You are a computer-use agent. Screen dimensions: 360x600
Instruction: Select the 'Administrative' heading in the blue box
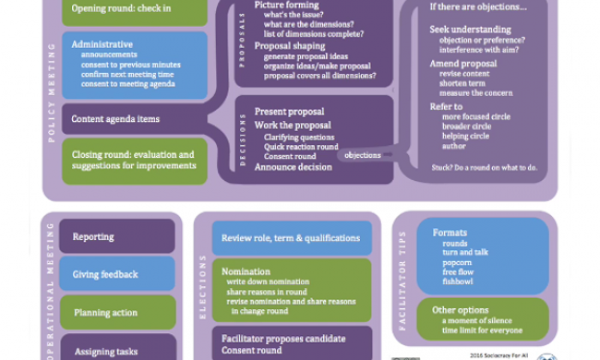102,44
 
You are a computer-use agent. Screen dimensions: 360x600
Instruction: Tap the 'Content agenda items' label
116,119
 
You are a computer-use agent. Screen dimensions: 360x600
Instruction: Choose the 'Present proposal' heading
291,112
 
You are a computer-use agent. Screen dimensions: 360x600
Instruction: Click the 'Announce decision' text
294,167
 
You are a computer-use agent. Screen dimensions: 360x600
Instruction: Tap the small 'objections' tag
362,155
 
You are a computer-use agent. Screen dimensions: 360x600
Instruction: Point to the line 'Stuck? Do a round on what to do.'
485,167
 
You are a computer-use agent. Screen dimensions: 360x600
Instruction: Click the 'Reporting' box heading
93,236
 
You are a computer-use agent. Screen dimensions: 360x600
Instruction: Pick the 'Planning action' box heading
105,313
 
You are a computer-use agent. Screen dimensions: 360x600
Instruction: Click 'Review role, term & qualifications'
291,238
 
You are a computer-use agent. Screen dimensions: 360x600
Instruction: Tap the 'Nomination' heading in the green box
246,272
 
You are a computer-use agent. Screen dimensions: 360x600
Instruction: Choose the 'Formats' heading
450,233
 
